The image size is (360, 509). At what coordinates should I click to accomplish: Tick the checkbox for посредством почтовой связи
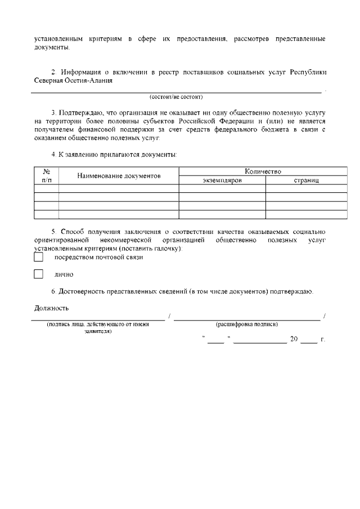tap(38, 257)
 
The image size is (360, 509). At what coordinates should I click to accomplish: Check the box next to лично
tap(38, 274)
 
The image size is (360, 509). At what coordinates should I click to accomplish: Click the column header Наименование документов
tap(119, 175)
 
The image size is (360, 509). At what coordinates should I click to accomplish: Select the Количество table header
tap(263, 171)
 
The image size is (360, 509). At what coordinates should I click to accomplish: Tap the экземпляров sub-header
tap(222, 180)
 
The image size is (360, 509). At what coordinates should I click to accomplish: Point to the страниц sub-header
tap(306, 180)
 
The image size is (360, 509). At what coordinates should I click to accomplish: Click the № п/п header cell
tap(47, 175)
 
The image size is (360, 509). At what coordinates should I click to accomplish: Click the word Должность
tap(51, 308)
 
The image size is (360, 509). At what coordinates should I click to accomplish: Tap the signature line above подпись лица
tap(99, 318)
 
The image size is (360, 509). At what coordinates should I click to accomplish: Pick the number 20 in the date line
tap(293, 339)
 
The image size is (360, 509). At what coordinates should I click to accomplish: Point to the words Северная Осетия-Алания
tap(69, 80)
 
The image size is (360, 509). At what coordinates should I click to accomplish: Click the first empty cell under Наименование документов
tap(119, 188)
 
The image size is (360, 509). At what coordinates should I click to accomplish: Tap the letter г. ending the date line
tap(322, 339)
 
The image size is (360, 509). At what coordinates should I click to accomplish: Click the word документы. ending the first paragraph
tap(52, 47)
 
